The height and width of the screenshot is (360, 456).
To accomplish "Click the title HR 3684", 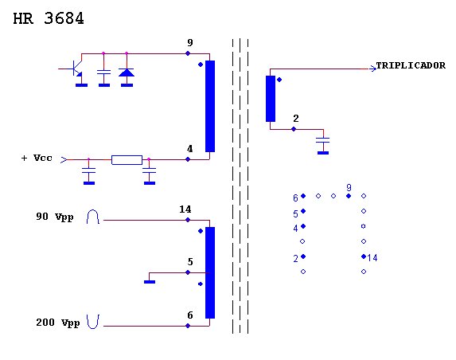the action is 49,18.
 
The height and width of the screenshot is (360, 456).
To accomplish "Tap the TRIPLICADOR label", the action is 411,65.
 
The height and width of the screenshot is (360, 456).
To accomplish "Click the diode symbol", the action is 127,72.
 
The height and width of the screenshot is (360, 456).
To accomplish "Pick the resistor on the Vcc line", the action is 127,160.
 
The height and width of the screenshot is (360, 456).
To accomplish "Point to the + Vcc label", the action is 37,158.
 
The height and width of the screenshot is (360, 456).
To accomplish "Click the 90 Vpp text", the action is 55,217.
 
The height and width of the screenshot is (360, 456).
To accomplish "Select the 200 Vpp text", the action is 58,323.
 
